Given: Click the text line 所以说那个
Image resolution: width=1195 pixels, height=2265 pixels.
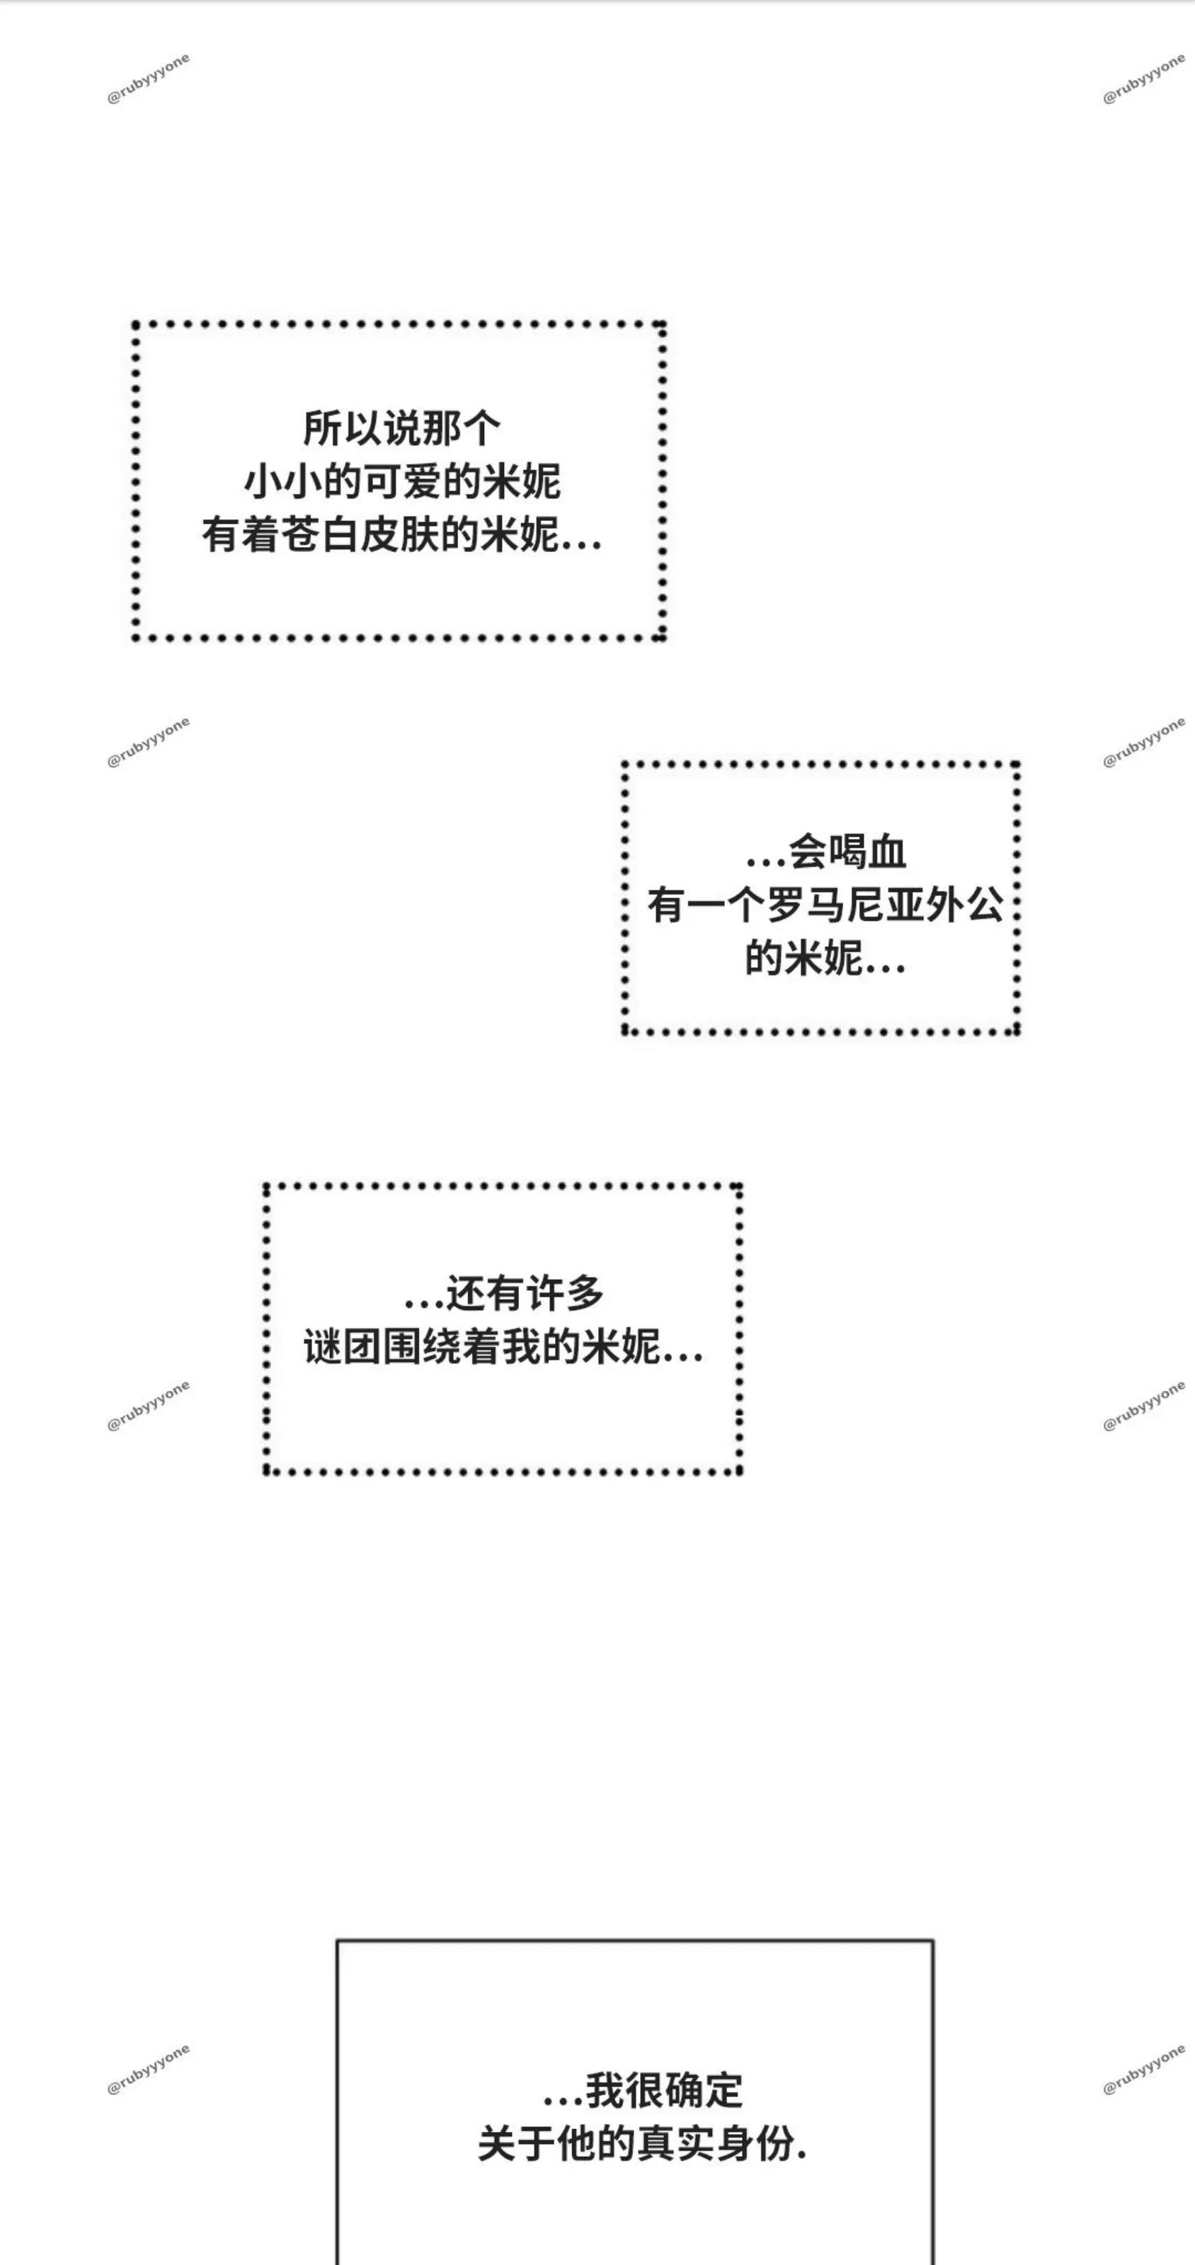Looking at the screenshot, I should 402,429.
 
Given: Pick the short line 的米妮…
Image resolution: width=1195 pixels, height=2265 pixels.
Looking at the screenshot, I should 825,958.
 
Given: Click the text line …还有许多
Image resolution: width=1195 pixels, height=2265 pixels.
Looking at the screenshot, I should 504,1293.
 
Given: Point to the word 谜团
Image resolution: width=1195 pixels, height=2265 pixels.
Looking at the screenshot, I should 343,1347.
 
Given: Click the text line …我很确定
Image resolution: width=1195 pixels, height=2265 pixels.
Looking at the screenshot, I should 643,2091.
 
